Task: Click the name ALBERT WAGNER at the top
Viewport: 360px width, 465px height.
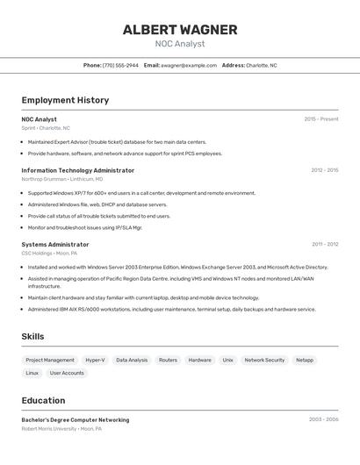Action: tap(180, 30)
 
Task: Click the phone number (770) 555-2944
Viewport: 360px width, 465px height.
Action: tap(120, 65)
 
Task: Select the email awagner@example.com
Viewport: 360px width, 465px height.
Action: tap(188, 65)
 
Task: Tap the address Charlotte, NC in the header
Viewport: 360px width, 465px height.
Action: tap(261, 65)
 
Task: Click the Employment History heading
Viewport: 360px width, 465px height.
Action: tap(65, 100)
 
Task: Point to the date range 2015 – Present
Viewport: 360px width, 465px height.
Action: tap(321, 119)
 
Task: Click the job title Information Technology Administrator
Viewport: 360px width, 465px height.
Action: tap(78, 170)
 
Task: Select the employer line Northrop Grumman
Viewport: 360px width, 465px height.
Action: tap(61, 179)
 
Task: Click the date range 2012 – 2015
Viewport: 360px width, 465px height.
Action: tap(324, 170)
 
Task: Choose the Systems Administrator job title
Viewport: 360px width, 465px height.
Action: tap(55, 245)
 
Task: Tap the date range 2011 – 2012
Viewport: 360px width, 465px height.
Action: tap(325, 245)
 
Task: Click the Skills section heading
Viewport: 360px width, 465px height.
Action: tap(33, 336)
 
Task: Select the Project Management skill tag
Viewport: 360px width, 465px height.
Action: tap(50, 360)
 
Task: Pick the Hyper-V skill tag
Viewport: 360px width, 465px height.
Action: tap(95, 360)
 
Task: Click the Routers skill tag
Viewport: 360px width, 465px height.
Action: tap(168, 360)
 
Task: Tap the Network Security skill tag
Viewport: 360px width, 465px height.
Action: tap(264, 360)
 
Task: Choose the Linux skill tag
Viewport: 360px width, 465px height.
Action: tap(32, 373)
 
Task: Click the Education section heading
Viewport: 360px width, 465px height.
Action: tap(43, 400)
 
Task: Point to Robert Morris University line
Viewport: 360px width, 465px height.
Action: tap(61, 429)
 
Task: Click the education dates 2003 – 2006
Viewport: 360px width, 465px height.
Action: tap(323, 419)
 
